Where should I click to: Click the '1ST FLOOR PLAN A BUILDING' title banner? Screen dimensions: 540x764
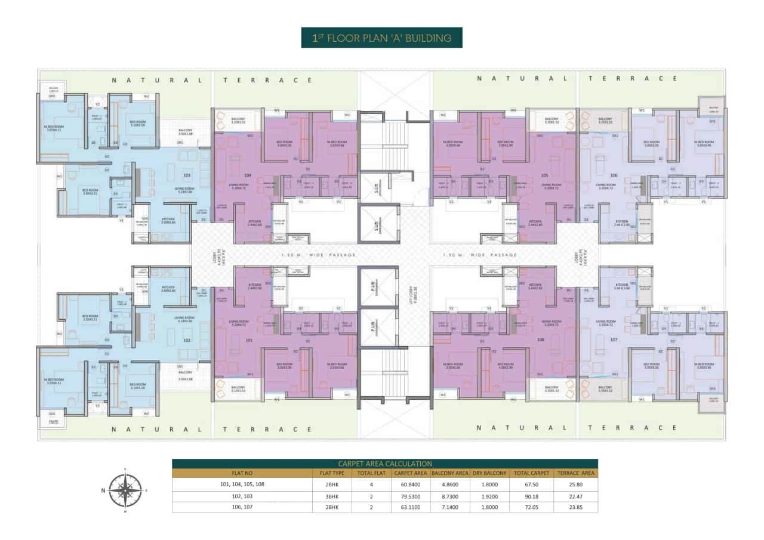tap(381, 38)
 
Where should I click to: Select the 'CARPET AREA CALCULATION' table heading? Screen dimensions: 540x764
tap(384, 464)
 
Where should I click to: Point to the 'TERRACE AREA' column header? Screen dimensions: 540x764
tap(575, 473)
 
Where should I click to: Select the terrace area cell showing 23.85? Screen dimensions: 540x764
tap(575, 507)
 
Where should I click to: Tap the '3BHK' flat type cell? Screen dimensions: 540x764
tap(329, 496)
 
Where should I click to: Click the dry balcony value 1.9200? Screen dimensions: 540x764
tap(491, 496)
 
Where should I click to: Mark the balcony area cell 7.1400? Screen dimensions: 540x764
tap(448, 507)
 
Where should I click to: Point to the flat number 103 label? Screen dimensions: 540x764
tap(187, 175)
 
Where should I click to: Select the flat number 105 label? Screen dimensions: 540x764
tap(544, 175)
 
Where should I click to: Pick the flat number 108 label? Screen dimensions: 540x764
tap(541, 340)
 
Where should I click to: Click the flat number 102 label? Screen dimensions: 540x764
tap(187, 340)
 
